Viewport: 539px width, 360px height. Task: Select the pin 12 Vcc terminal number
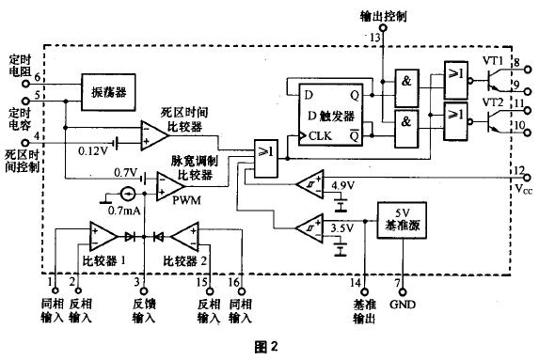(518, 169)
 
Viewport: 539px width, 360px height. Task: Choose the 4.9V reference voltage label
(343, 187)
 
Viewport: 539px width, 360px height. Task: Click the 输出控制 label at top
(383, 16)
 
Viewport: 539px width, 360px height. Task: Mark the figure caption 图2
(268, 346)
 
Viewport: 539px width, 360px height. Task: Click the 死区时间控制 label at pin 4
(22, 161)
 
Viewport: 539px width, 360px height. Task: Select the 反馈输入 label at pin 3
(142, 312)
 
